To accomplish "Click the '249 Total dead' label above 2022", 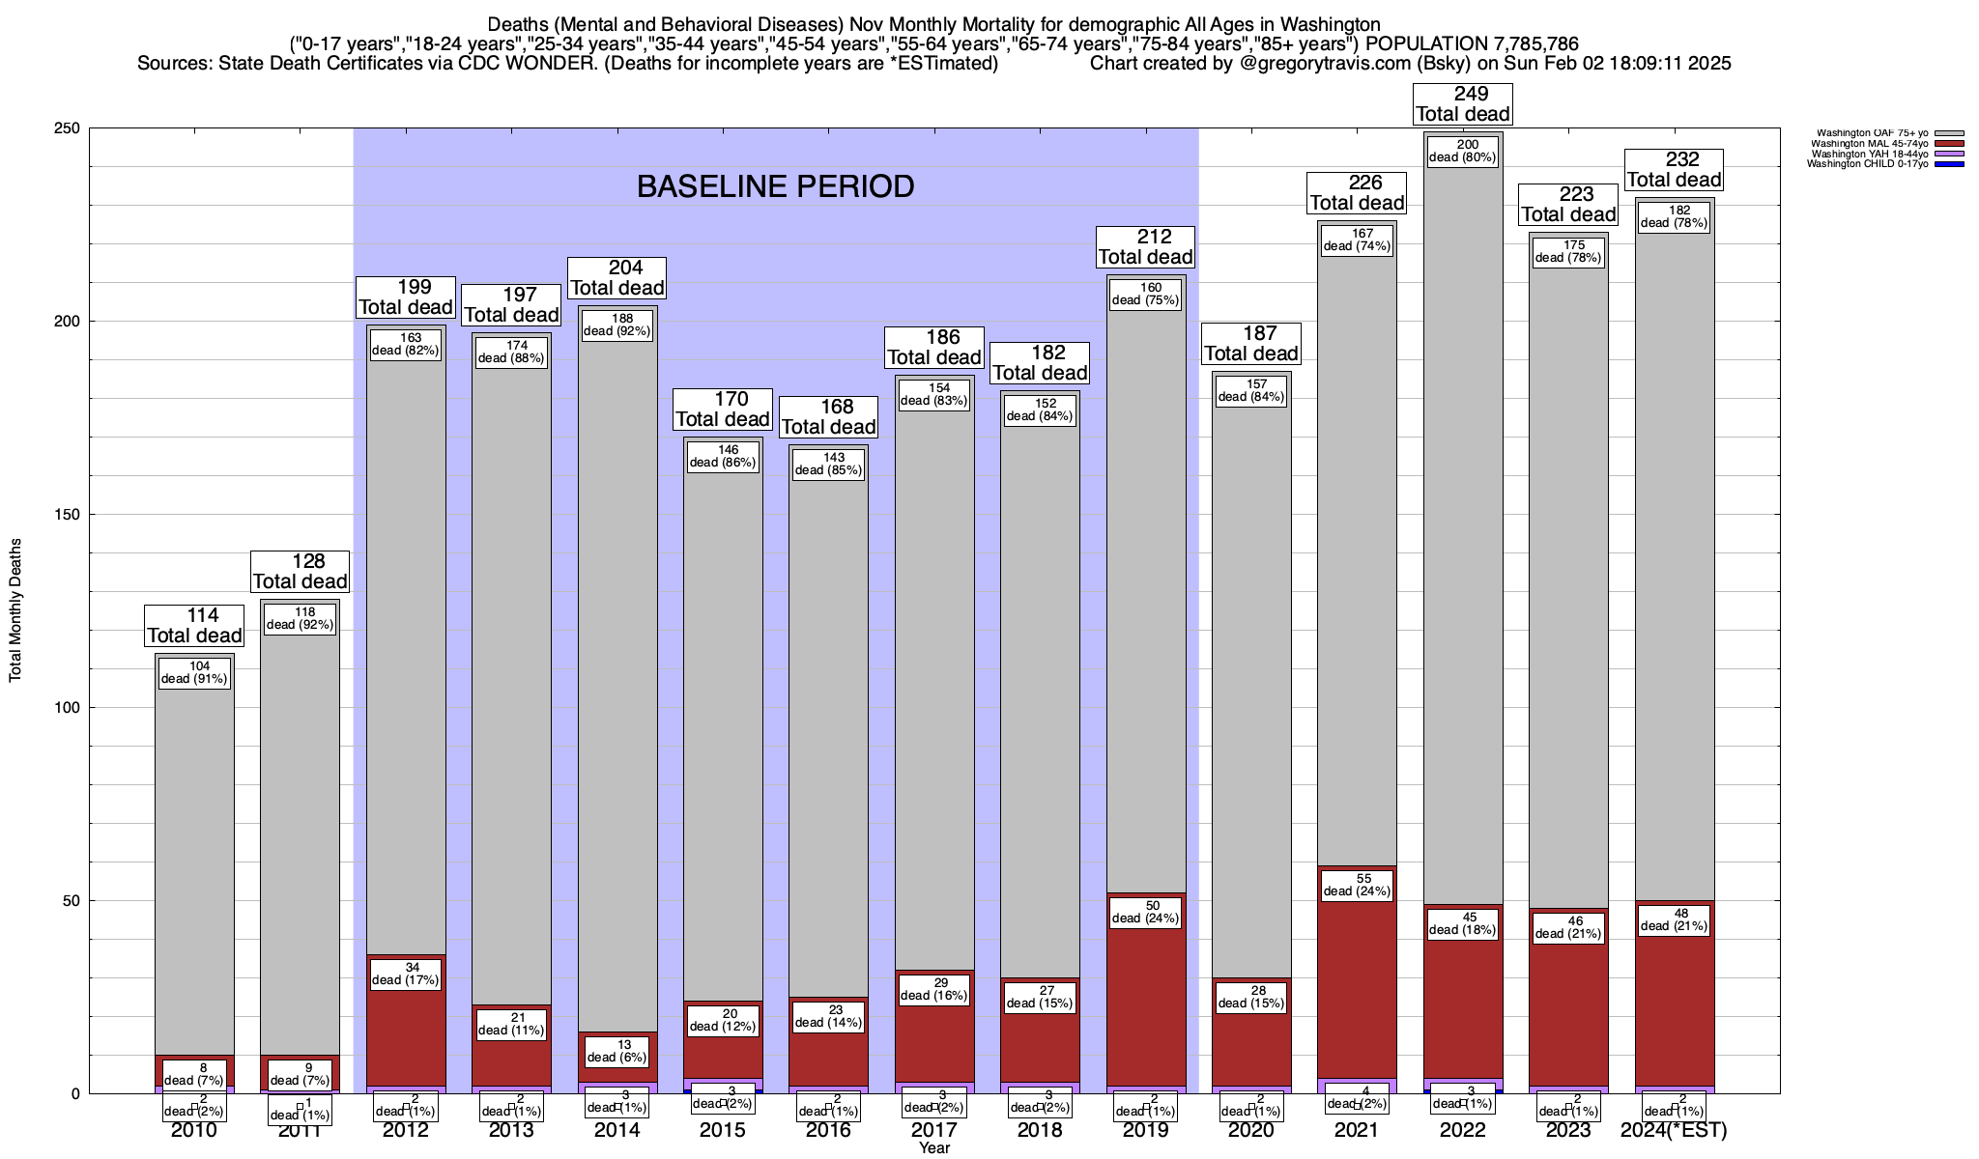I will pyautogui.click(x=1462, y=103).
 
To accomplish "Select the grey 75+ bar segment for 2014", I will pyautogui.click(x=617, y=676).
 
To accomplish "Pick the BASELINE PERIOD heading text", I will pyautogui.click(x=775, y=186).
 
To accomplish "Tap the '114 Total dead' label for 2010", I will pyautogui.click(x=194, y=625).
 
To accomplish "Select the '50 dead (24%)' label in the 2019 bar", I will pyautogui.click(x=1145, y=912).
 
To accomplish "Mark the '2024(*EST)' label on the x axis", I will pyautogui.click(x=1674, y=1130).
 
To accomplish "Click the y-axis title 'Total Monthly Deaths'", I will pyautogui.click(x=15, y=610).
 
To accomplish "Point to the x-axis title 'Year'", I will pyautogui.click(x=934, y=1148).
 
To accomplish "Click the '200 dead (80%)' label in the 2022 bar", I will pyautogui.click(x=1462, y=151).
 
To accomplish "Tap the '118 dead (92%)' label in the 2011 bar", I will pyautogui.click(x=300, y=618).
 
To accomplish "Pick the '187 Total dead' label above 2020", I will pyautogui.click(x=1251, y=343).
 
